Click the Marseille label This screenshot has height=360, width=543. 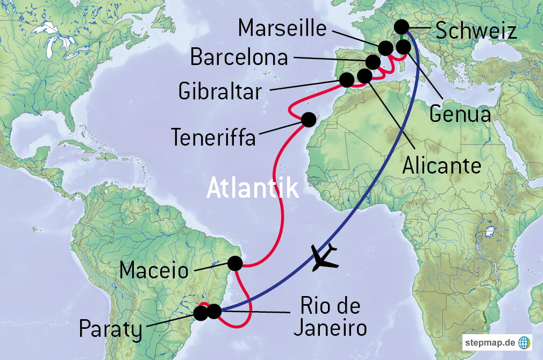pyautogui.click(x=282, y=28)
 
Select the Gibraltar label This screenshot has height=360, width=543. pyautogui.click(x=220, y=91)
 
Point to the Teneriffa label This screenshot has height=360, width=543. pyautogui.click(x=213, y=138)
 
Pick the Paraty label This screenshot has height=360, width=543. pyautogui.click(x=111, y=329)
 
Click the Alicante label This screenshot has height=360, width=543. pyautogui.click(x=441, y=165)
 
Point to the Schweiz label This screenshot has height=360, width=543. pyautogui.click(x=476, y=31)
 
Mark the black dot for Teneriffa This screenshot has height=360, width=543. pyautogui.click(x=309, y=119)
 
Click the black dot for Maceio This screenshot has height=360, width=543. pyautogui.click(x=235, y=263)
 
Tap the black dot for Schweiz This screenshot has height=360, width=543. pyautogui.click(x=401, y=26)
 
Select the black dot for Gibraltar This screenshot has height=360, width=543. pyautogui.click(x=347, y=80)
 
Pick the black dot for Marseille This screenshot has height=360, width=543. pyautogui.click(x=385, y=48)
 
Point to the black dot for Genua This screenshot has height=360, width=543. pyautogui.click(x=403, y=47)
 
